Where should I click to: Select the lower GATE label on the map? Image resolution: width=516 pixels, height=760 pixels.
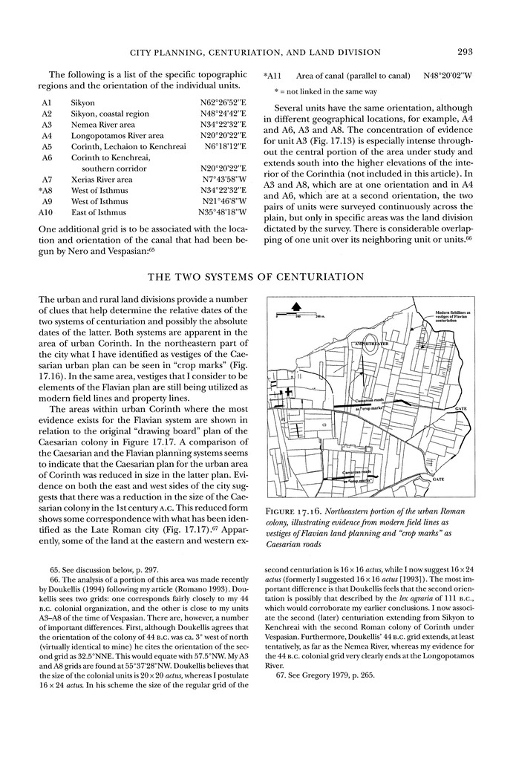(x=459, y=479)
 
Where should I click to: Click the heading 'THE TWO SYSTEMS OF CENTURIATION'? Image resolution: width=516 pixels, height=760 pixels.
(x=257, y=277)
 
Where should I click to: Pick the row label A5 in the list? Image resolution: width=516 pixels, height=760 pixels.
(x=47, y=147)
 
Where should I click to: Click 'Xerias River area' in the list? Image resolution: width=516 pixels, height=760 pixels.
(x=102, y=180)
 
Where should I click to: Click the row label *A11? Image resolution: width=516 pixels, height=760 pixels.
(x=272, y=76)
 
